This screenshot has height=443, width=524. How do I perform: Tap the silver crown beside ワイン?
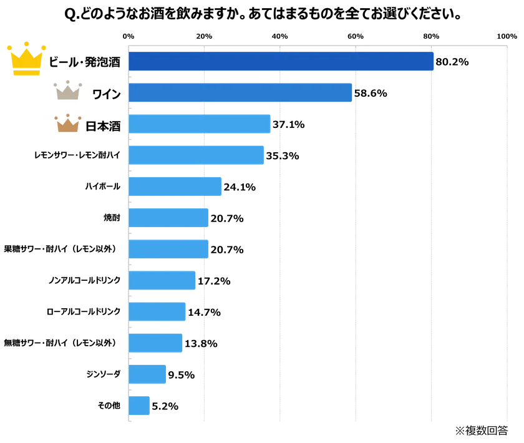(68, 92)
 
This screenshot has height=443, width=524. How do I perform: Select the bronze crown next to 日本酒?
(68, 124)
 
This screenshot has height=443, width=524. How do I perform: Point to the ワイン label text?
(106, 94)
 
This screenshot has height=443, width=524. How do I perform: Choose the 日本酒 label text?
(103, 125)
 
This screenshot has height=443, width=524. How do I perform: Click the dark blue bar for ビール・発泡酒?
(281, 62)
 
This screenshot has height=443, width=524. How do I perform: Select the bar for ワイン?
(241, 93)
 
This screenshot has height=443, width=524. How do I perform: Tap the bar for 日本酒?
(200, 124)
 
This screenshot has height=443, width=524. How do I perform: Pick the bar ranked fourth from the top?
(196, 154)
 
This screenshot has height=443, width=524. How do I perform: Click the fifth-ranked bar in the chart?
(176, 186)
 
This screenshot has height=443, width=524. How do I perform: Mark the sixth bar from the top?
(169, 217)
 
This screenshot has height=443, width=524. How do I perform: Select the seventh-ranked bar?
(169, 249)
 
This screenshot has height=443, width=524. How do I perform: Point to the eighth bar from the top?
(162, 281)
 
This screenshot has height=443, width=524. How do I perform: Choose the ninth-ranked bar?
(158, 311)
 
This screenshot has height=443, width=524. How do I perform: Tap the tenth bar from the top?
(156, 343)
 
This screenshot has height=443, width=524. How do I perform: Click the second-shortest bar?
(148, 374)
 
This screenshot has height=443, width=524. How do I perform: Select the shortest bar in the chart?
(140, 406)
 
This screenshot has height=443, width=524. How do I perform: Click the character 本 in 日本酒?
(103, 125)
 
